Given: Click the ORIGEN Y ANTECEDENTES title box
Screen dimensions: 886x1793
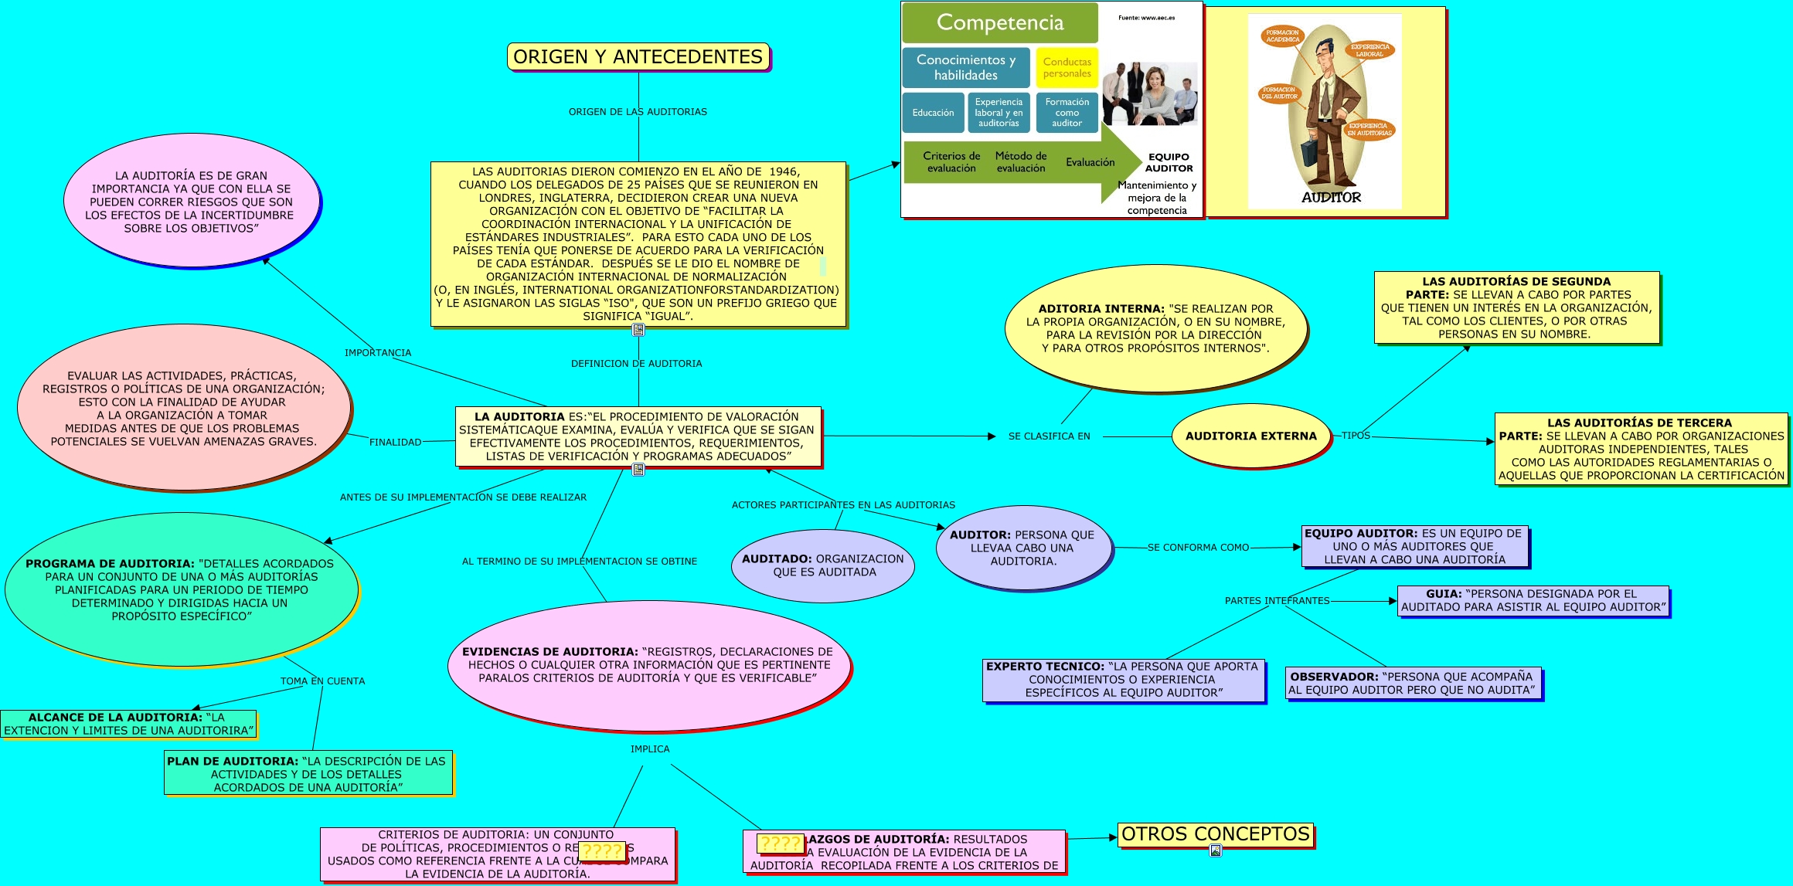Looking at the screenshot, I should (x=638, y=57).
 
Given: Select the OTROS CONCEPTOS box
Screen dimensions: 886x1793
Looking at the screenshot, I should (x=1216, y=834).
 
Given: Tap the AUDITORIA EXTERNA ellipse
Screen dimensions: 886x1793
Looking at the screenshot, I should (x=1250, y=436).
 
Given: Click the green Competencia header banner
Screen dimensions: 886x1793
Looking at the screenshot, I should (x=999, y=22).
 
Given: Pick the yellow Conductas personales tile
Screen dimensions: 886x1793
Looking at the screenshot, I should (x=1067, y=68).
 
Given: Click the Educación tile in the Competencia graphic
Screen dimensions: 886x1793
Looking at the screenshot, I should (x=933, y=113).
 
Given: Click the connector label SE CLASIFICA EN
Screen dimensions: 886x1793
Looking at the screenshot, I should (x=1049, y=436).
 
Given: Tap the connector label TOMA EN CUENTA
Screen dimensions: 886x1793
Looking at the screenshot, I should (x=322, y=681).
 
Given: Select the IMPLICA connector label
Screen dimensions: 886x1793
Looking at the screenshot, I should (x=650, y=749).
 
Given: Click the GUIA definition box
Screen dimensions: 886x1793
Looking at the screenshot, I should (x=1533, y=600).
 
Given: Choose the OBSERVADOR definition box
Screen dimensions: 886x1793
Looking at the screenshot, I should (x=1413, y=683).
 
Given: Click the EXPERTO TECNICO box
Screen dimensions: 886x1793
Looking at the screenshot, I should (x=1123, y=680).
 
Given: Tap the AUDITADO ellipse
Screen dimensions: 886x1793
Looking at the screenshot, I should (x=823, y=565).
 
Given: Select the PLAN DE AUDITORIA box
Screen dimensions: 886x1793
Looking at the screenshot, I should (x=308, y=773).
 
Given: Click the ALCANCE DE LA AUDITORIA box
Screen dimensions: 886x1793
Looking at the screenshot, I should (x=128, y=724).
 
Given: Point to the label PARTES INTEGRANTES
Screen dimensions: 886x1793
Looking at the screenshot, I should (x=1277, y=601).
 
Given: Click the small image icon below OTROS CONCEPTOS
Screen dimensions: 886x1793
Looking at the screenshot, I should (x=1216, y=850).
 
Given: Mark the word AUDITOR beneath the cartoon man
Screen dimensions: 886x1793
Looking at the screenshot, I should (x=1331, y=198).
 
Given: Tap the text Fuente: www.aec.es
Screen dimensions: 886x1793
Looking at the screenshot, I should (x=1146, y=18).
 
